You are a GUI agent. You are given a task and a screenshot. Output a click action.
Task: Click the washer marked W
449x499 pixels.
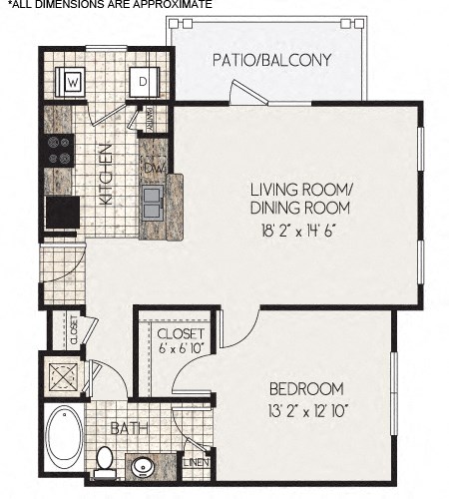tap(72, 81)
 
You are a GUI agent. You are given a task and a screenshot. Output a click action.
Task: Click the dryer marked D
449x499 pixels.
tap(143, 81)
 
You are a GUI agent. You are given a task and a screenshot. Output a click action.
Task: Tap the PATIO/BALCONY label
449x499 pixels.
tap(271, 60)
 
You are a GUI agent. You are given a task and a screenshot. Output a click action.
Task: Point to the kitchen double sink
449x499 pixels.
tap(153, 206)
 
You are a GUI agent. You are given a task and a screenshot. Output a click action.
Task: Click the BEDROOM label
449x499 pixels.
tap(306, 388)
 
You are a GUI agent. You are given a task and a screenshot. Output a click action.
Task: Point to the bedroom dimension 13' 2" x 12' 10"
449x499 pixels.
tap(306, 410)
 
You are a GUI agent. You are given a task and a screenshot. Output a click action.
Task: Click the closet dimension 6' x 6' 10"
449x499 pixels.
tap(181, 346)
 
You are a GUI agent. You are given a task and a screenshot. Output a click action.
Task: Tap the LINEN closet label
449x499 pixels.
tap(196, 462)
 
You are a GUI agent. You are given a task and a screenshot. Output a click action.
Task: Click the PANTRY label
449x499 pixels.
tap(151, 119)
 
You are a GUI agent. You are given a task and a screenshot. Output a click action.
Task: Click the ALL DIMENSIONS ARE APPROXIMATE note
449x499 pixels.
tap(110, 5)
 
